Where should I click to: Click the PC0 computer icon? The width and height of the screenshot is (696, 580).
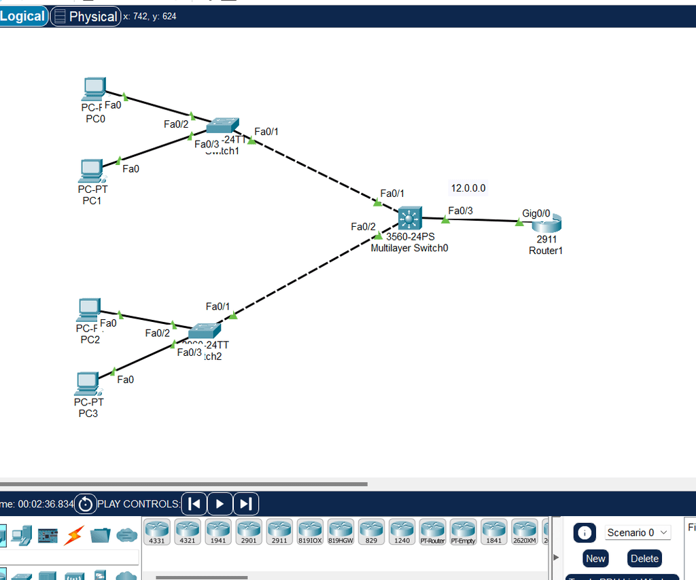tap(94, 88)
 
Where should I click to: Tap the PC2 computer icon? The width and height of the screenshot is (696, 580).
tap(88, 310)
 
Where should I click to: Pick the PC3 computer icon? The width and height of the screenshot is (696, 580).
tap(86, 384)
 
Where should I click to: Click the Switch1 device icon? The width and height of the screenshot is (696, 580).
tap(222, 125)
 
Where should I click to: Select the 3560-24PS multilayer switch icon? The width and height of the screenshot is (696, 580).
tap(410, 218)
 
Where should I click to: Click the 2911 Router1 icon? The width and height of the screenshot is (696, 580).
tap(547, 222)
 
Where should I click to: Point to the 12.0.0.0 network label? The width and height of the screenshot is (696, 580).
tap(468, 188)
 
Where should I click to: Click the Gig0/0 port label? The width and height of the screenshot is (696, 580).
tap(536, 213)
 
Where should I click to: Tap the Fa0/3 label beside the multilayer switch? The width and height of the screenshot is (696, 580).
tap(460, 211)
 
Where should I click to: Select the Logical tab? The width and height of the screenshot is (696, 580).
tap(22, 16)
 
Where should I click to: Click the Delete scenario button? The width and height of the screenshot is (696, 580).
tap(644, 558)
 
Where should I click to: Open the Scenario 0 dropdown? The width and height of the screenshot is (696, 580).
tap(638, 532)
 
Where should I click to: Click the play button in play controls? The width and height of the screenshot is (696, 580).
tap(220, 504)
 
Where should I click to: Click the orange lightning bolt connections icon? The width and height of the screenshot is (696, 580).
tap(73, 536)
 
